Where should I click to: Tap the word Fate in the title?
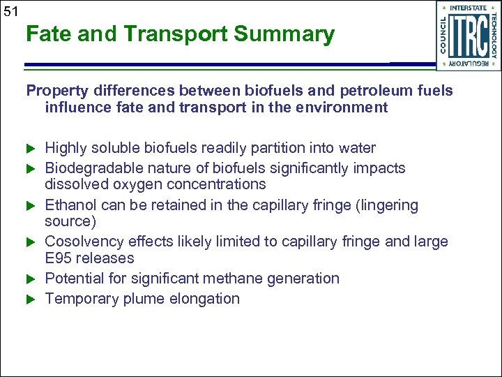(49, 34)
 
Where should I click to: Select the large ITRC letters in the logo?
(469, 36)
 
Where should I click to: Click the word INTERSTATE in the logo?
(468, 8)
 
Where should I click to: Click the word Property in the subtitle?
(58, 91)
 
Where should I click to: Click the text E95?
(59, 258)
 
